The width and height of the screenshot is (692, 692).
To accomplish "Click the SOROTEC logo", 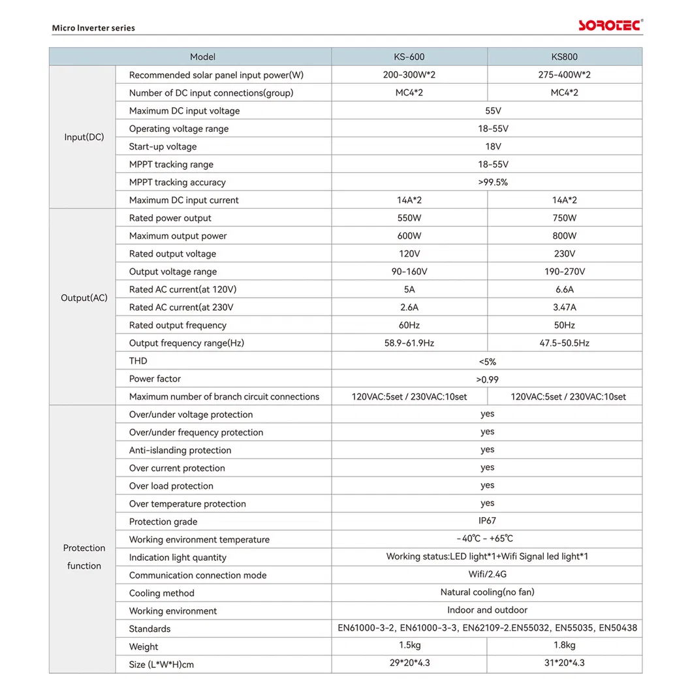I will tap(610, 25).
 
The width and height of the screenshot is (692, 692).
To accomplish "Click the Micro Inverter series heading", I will tap(93, 28).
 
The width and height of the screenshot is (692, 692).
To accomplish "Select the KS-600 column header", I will tap(409, 57).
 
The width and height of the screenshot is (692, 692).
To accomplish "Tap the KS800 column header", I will tap(564, 57).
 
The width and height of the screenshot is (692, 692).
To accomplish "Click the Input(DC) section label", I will tap(84, 137).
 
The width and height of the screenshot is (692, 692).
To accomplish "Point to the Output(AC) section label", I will tap(84, 298).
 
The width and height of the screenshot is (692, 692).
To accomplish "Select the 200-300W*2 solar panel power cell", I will tap(409, 75).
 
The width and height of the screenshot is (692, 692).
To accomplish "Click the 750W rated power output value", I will tap(564, 218).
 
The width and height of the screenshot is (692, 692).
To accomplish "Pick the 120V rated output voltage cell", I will tap(409, 254).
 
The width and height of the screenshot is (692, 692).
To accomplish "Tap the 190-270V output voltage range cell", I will tap(564, 272).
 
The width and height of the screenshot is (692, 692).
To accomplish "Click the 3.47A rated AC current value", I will tap(564, 307).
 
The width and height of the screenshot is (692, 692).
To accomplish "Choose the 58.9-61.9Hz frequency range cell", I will tap(409, 343).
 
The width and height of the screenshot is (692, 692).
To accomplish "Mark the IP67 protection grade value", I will tap(487, 521).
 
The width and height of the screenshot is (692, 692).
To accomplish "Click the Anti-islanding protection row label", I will tap(180, 450).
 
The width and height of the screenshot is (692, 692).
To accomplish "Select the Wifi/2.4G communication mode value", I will tap(487, 574).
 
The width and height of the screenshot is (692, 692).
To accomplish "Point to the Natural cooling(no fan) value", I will tap(487, 592).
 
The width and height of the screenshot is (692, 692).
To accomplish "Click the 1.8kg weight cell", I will tap(564, 646).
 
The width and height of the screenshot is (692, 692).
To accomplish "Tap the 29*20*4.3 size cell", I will tap(409, 663).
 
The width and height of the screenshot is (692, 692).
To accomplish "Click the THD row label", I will tap(138, 361).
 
